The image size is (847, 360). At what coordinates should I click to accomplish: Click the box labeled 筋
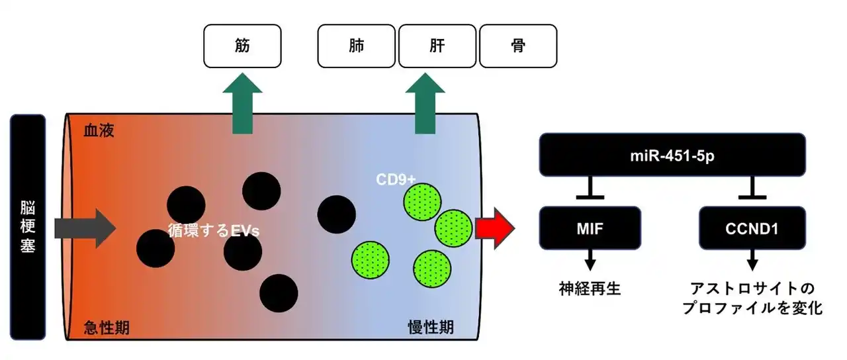pos(243,46)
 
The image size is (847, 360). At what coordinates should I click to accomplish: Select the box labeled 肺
pos(357,46)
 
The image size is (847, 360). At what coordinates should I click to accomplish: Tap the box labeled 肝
pos(437,46)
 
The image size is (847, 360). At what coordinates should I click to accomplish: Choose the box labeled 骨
pos(517,46)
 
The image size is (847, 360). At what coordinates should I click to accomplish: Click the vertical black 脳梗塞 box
pos(28,227)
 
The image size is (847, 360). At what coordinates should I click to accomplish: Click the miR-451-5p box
pos(672,154)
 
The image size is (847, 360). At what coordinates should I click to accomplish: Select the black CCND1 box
pos(752,228)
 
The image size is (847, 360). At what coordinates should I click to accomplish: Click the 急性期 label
pos(107,327)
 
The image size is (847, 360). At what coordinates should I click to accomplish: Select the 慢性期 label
pos(431,327)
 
